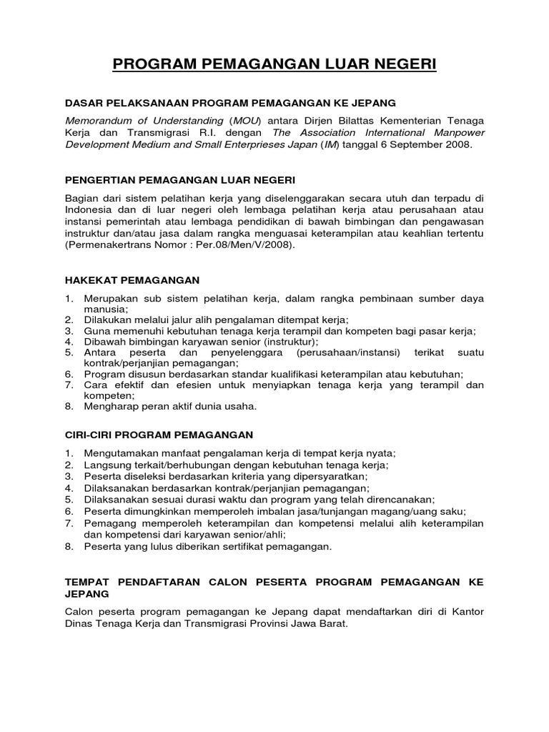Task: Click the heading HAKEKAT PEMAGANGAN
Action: click(132, 280)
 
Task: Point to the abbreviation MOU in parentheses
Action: click(249, 120)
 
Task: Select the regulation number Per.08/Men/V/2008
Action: click(248, 244)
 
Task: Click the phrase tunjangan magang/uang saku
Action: click(392, 511)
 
